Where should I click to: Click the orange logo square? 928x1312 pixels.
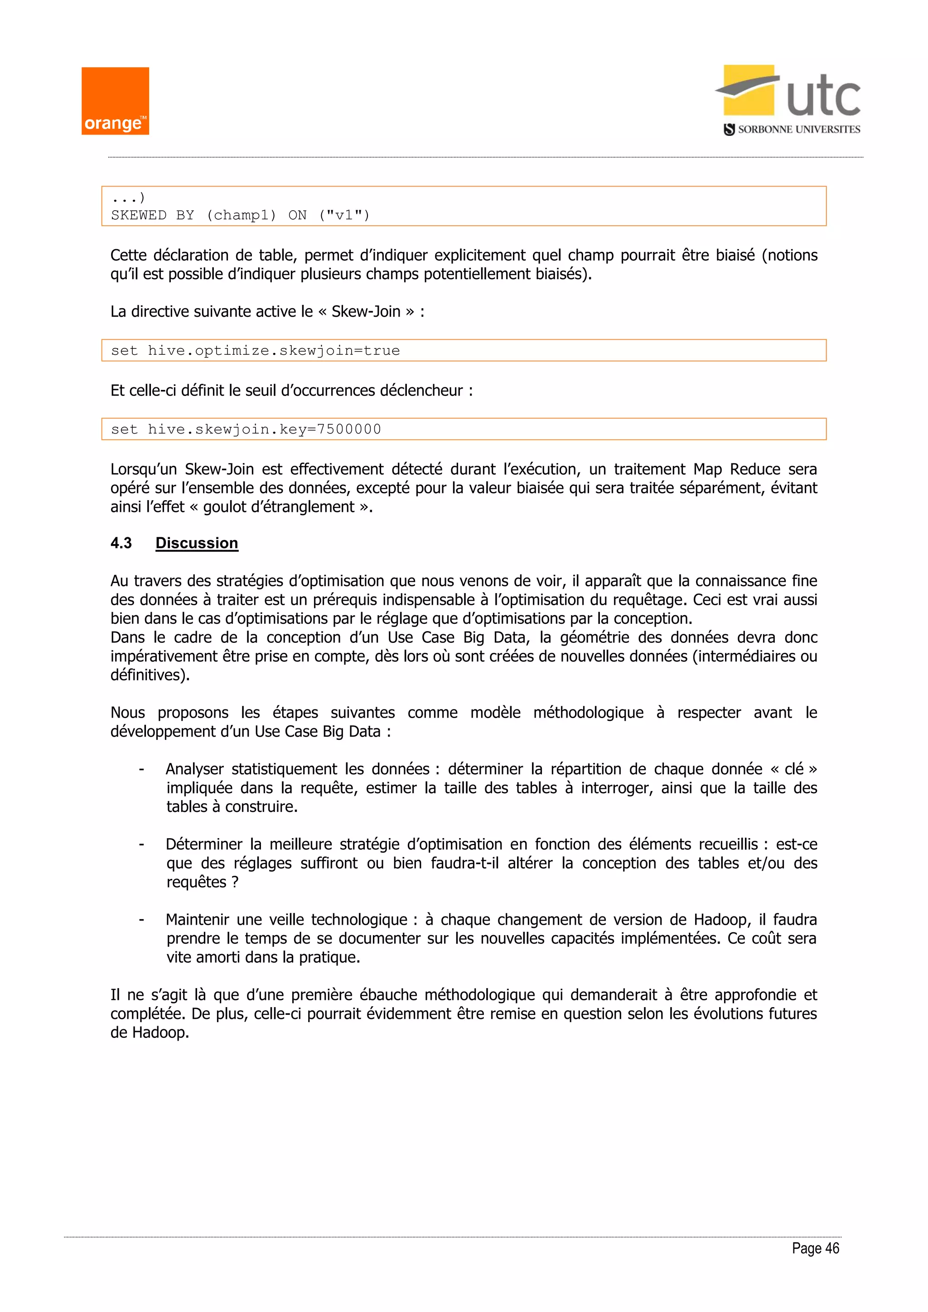coord(115,101)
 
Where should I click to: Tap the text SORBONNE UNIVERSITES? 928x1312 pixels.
coord(798,130)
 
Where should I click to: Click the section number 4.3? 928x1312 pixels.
coord(121,543)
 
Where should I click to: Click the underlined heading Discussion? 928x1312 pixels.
coord(197,543)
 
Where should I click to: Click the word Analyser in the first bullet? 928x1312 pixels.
coord(194,769)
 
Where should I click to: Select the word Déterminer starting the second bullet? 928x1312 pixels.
coord(204,844)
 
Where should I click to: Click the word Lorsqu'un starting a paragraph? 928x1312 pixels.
coord(144,469)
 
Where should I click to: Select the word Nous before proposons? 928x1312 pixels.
coord(127,713)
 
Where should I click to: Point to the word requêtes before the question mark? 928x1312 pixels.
coord(197,882)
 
